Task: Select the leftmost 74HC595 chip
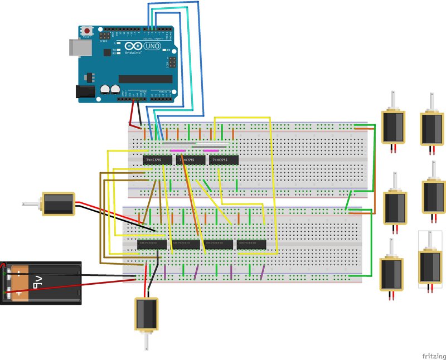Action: pos(157,160)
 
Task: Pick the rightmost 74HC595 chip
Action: pos(223,160)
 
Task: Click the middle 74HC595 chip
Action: pos(190,160)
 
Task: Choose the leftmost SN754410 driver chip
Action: pos(152,244)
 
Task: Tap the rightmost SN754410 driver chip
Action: pos(251,244)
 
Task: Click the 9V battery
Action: pos(41,283)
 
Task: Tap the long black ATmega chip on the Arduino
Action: pos(146,79)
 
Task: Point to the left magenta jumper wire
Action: pos(178,150)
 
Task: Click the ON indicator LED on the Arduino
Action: pos(167,50)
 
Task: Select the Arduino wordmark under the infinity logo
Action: pos(132,53)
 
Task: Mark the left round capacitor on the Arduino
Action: pos(105,89)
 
